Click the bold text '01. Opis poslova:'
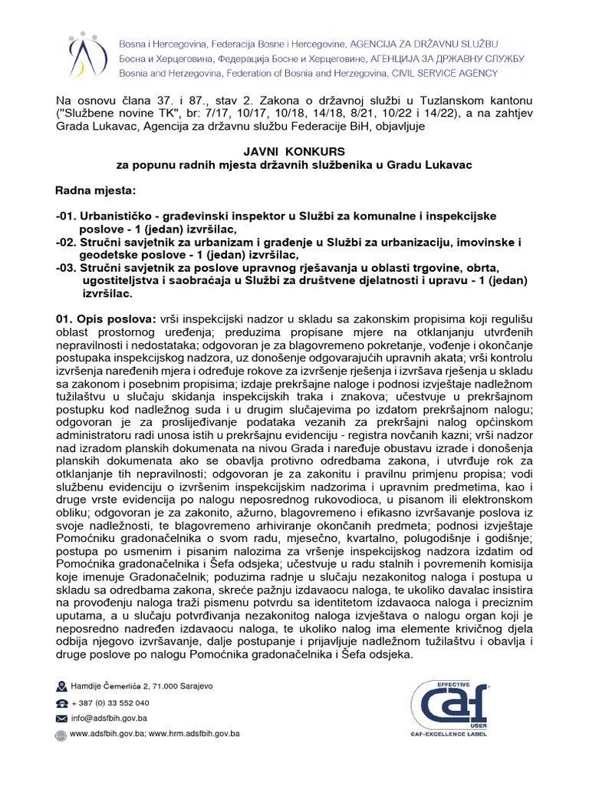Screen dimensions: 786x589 tap(105, 318)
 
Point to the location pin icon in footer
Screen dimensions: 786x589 tap(61, 685)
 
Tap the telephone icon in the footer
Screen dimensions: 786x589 tap(61, 703)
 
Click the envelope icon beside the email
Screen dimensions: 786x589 tap(61, 718)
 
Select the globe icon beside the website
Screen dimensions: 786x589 tap(61, 735)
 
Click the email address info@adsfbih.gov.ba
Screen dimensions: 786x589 tap(108, 718)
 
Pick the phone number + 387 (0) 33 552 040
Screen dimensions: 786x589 tap(110, 702)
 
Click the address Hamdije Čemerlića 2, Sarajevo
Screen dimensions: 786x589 tap(141, 685)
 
